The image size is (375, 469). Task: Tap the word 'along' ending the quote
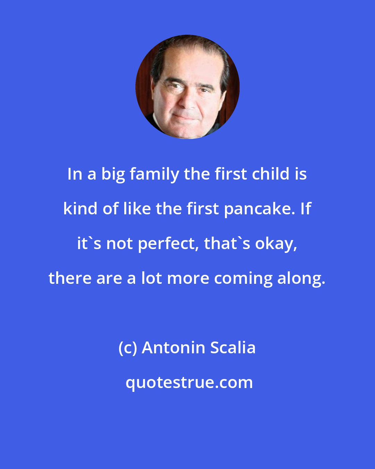coord(304,279)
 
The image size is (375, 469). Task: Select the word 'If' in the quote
coord(306,209)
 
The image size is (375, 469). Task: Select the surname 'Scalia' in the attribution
coord(227,348)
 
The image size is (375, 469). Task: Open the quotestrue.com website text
coord(189,383)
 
